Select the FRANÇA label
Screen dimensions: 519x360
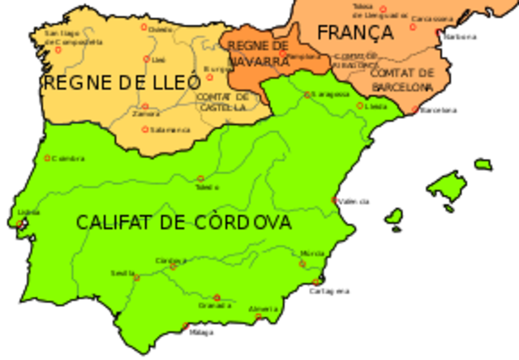click(x=355, y=33)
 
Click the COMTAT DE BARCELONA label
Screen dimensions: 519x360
click(x=402, y=79)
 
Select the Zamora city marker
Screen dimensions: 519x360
click(x=145, y=106)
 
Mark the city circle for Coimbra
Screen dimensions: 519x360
click(x=47, y=158)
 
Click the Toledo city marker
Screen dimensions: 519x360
click(x=200, y=178)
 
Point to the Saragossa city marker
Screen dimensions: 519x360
click(x=307, y=95)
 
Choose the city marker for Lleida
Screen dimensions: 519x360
click(x=360, y=105)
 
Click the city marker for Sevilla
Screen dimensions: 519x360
click(x=136, y=277)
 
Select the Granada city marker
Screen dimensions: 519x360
click(x=217, y=297)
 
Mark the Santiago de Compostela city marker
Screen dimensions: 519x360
click(x=58, y=49)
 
